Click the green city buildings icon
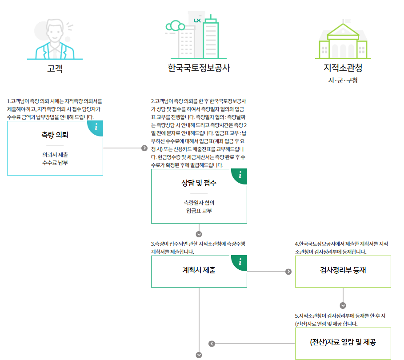click(192, 38)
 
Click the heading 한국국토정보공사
click(199, 68)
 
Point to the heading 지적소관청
click(343, 68)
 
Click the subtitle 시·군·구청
click(343, 81)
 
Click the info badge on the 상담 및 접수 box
click(240, 175)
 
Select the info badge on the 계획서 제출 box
click(240, 262)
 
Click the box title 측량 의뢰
click(55, 135)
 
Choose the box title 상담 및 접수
click(199, 183)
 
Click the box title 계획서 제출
click(199, 270)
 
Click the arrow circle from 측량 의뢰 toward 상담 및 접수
click(144, 148)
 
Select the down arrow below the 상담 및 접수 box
click(199, 234)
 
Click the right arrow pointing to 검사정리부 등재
click(288, 272)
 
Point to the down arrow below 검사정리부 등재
click(343, 306)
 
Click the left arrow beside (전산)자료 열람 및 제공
click(212, 343)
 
